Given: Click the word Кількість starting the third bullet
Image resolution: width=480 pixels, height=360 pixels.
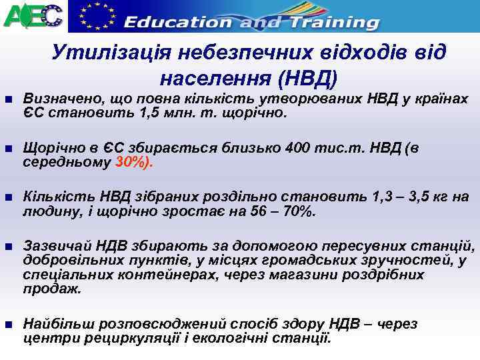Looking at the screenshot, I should [x=54, y=197].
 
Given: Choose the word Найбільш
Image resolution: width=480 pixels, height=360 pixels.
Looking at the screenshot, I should [x=54, y=324].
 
